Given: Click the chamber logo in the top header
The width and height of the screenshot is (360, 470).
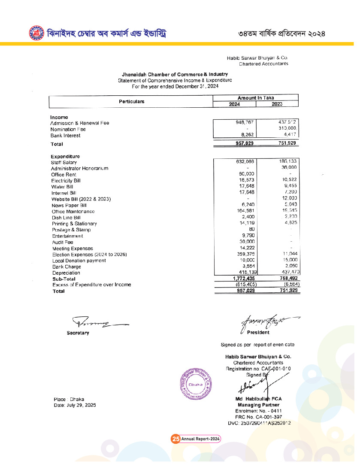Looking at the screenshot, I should [x=36, y=33].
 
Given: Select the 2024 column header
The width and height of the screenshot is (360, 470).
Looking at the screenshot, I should [x=234, y=104].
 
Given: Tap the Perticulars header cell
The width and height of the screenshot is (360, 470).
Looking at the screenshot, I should [x=131, y=102].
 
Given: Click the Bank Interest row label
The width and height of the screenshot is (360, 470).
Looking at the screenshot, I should [x=65, y=136].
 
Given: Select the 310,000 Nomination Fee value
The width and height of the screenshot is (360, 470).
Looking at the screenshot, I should [x=287, y=129].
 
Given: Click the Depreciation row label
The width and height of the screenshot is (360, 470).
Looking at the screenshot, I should [x=66, y=273].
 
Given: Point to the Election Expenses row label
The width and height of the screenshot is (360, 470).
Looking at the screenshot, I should [x=89, y=255].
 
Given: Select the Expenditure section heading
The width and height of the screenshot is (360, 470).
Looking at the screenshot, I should [x=65, y=156].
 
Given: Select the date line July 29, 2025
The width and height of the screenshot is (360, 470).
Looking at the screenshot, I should [x=72, y=405].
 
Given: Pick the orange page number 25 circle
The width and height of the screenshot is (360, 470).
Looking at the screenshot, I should [x=175, y=439].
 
